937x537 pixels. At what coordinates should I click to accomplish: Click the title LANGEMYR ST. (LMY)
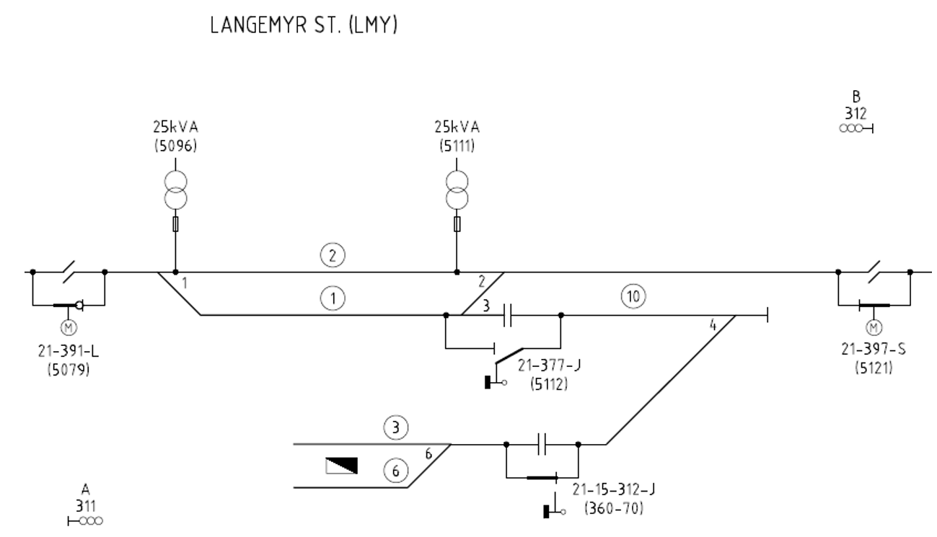pos(303,27)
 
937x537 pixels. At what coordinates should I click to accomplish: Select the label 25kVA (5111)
pos(456,136)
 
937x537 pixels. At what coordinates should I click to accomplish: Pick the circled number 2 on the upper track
pos(333,254)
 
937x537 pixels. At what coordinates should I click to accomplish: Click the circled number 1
pos(333,297)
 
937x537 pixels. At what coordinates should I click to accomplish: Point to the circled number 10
pos(633,296)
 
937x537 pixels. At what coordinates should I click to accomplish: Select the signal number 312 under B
pos(856,114)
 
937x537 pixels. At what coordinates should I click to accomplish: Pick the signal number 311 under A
pos(85,505)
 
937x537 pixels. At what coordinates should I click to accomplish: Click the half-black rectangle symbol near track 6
pos(341,466)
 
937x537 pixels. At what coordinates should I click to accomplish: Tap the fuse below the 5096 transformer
pos(175,226)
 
